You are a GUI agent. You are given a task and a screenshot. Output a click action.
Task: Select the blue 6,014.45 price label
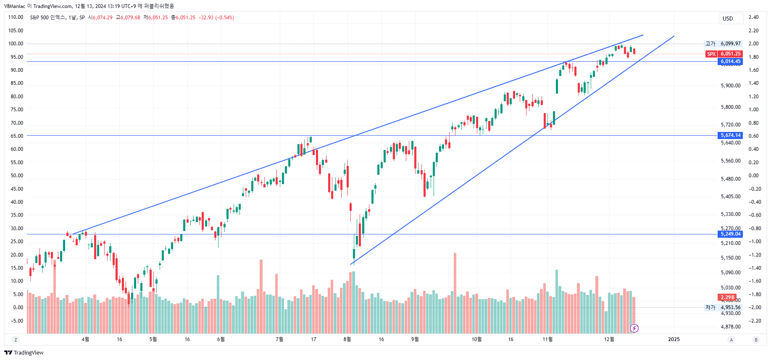point(730,61)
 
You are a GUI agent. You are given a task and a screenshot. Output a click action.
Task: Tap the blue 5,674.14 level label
point(730,135)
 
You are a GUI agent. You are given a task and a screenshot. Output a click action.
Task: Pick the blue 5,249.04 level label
point(730,234)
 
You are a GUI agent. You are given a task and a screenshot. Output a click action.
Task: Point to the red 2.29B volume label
point(727,297)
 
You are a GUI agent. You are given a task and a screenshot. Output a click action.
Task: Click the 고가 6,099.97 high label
point(723,44)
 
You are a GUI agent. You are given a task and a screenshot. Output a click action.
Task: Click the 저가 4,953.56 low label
point(723,307)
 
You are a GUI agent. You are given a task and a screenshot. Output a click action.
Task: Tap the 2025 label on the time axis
point(674,339)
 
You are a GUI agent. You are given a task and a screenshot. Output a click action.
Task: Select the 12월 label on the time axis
point(609,339)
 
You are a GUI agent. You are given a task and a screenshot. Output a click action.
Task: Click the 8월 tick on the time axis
point(347,339)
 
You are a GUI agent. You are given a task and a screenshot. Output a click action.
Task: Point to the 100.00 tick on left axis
point(16,44)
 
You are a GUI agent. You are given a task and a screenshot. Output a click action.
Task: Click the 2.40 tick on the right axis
point(753,17)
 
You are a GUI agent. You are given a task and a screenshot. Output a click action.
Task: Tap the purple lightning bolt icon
point(634,328)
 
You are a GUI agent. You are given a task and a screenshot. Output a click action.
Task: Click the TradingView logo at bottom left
point(24,352)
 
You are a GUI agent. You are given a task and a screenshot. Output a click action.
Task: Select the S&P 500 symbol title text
point(47,18)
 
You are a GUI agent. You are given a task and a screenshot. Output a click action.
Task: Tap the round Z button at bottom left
point(16,340)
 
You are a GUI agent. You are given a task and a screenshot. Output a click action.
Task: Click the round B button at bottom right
point(756,340)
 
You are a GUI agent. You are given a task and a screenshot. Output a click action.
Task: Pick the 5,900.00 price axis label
point(731,86)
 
